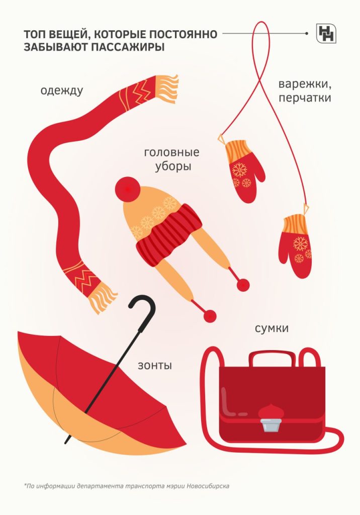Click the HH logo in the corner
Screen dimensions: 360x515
[326, 33]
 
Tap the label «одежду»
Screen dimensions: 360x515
[62, 91]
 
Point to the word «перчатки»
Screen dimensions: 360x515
[305, 98]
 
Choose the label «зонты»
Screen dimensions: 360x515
[155, 365]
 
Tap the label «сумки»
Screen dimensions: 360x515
[272, 328]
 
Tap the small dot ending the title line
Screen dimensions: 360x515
[307, 34]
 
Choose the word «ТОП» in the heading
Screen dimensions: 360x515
[33, 35]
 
